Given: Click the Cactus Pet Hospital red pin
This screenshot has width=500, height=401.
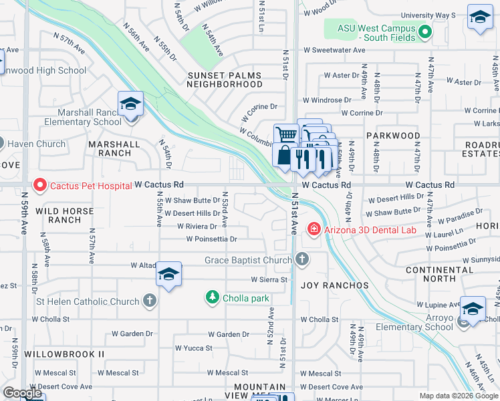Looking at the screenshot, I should click(x=39, y=184).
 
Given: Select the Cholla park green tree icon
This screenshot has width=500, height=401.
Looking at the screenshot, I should click(x=213, y=296).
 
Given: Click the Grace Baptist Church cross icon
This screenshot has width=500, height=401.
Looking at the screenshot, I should click(x=302, y=259).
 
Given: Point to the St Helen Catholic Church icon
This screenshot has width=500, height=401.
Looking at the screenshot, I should click(x=149, y=301).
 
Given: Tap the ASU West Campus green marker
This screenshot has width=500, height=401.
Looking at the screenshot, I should click(x=423, y=31).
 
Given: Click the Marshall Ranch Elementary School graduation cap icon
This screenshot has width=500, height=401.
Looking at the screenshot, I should click(x=131, y=104).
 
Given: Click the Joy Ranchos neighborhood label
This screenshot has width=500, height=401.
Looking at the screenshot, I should click(x=334, y=285).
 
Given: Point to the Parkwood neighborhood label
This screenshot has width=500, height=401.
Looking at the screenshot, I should click(x=393, y=136).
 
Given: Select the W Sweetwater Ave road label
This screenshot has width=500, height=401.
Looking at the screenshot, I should click(x=334, y=50).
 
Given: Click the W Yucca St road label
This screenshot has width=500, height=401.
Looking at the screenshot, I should click(x=194, y=348).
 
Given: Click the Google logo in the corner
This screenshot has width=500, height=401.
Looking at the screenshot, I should click(x=22, y=393).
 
